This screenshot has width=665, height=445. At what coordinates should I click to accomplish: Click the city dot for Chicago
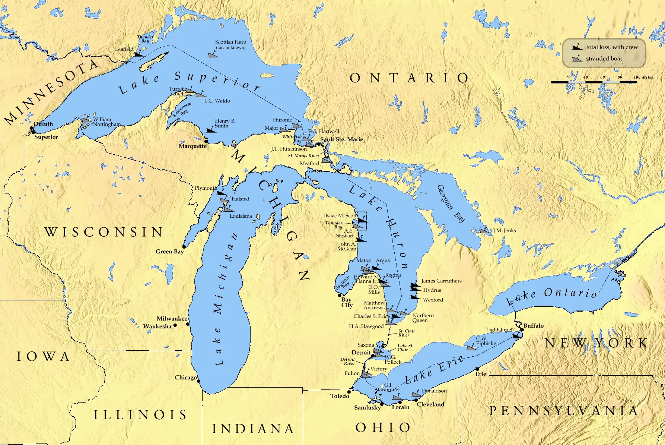pyautogui.click(x=198, y=381)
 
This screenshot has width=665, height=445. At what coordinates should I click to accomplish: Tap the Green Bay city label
pyautogui.click(x=169, y=252)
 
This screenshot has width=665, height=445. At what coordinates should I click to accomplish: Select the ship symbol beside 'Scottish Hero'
pyautogui.click(x=213, y=55)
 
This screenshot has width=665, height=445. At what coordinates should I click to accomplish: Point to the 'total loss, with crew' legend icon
pyautogui.click(x=577, y=47)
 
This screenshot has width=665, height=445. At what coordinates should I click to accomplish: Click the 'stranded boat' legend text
pyautogui.click(x=604, y=59)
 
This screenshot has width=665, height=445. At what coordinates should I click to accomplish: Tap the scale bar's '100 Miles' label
pyautogui.click(x=643, y=77)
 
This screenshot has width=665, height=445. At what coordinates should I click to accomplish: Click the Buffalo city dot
pyautogui.click(x=522, y=329)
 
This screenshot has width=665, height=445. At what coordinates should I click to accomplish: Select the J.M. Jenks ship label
pyautogui.click(x=505, y=230)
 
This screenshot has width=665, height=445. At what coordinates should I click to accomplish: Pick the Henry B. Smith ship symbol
pyautogui.click(x=211, y=130)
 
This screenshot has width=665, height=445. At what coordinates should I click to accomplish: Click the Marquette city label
pyautogui.click(x=192, y=146)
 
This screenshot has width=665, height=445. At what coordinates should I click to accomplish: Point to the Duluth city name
pyautogui.click(x=43, y=124)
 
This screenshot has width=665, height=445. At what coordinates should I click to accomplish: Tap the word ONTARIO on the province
pyautogui.click(x=410, y=78)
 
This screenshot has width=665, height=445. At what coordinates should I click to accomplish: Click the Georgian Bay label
pyautogui.click(x=451, y=203)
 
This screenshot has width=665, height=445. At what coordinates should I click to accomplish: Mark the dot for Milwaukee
pyautogui.click(x=188, y=324)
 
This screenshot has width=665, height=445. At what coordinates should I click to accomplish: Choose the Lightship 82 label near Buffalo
pyautogui.click(x=500, y=329)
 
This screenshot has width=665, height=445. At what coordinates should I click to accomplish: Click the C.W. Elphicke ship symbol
pyautogui.click(x=472, y=348)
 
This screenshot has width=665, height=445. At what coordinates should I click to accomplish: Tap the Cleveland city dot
pyautogui.click(x=416, y=400)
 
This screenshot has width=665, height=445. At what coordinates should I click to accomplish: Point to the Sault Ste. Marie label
pyautogui.click(x=341, y=139)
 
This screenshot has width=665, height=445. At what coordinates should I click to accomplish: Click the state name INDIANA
pyautogui.click(x=253, y=429)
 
